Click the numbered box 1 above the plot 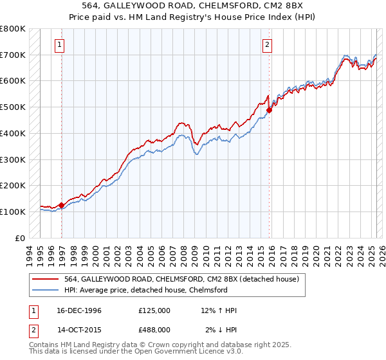(60, 45)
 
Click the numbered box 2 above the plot (267, 45)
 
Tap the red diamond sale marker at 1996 (62, 206)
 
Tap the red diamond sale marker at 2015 (269, 110)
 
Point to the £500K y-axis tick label (13, 107)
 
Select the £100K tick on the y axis (13, 212)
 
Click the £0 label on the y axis (20, 238)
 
